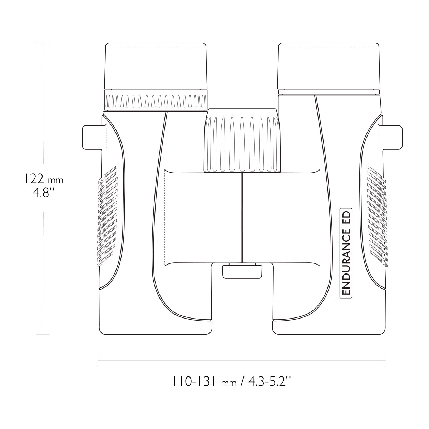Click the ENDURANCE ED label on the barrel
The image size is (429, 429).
(345, 253)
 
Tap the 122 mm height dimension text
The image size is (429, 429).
(43, 180)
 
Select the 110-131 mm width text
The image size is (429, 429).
(204, 382)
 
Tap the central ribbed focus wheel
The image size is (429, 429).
(242, 140)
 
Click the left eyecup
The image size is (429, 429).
(156, 66)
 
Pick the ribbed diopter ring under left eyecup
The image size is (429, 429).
(156, 100)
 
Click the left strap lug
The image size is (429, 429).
(92, 137)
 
